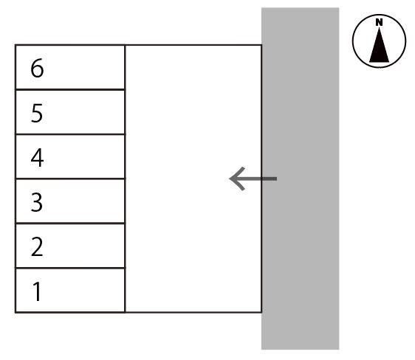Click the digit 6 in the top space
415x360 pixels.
tap(37, 68)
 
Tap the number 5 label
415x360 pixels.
tap(37, 113)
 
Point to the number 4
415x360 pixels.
tap(37, 157)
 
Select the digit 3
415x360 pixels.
tap(37, 202)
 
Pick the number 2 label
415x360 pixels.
tap(37, 246)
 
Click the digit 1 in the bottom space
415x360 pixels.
tap(37, 291)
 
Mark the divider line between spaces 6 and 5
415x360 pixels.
tap(70, 89)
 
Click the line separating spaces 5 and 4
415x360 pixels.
tap(70, 134)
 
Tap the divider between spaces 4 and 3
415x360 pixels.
tap(70, 179)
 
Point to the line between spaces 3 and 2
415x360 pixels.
tap(70, 224)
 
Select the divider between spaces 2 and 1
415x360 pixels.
tap(70, 268)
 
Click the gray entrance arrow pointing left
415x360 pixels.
tap(253, 179)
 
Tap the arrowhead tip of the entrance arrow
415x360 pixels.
tap(230, 179)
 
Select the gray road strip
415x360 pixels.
tap(301, 179)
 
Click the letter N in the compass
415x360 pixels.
tap(380, 22)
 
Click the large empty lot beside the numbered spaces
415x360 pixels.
tap(193, 179)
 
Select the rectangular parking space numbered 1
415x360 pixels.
tap(70, 290)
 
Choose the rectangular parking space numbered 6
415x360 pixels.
tap(70, 67)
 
